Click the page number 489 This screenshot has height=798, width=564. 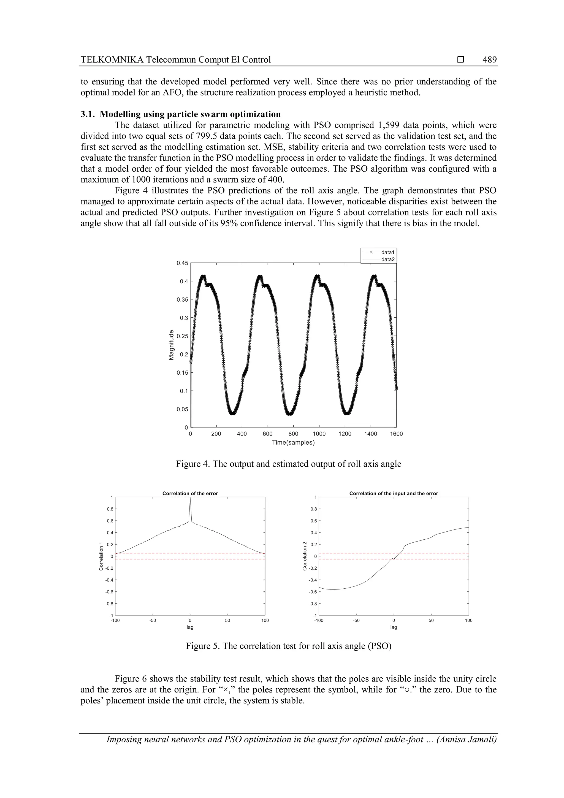pos(489,60)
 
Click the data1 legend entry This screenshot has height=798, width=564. pos(388,252)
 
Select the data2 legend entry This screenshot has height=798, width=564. pos(388,259)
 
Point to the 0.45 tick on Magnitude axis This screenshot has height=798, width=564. pos(182,263)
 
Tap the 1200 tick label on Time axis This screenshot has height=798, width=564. pos(345,434)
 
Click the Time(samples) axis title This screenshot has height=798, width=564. pos(293,442)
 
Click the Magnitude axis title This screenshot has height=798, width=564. pos(171,345)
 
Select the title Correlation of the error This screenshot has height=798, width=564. pos(190,493)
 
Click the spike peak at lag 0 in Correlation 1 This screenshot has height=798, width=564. pos(190,498)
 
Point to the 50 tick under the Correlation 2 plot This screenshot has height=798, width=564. pos(431,620)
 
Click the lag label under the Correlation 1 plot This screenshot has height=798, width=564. pos(190,627)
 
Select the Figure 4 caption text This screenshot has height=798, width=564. pos(288,464)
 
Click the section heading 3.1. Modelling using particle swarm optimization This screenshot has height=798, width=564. pos(181,114)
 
